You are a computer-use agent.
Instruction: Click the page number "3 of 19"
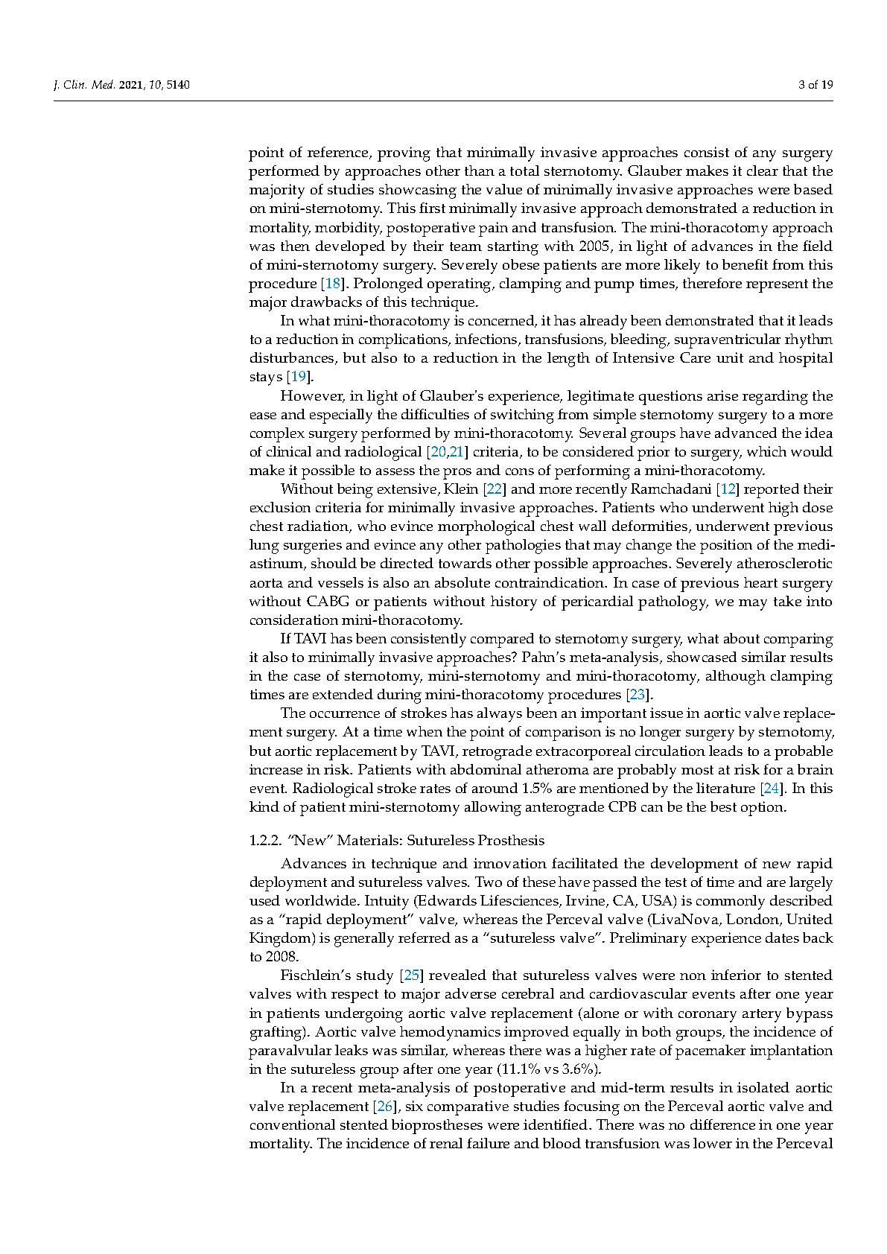(x=816, y=85)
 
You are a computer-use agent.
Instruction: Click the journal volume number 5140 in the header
(x=178, y=85)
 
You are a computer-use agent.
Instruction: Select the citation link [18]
(x=331, y=284)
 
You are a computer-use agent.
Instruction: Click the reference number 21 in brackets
(x=456, y=452)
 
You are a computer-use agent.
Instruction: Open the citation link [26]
(x=384, y=1107)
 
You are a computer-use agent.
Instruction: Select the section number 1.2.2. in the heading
(x=266, y=841)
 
